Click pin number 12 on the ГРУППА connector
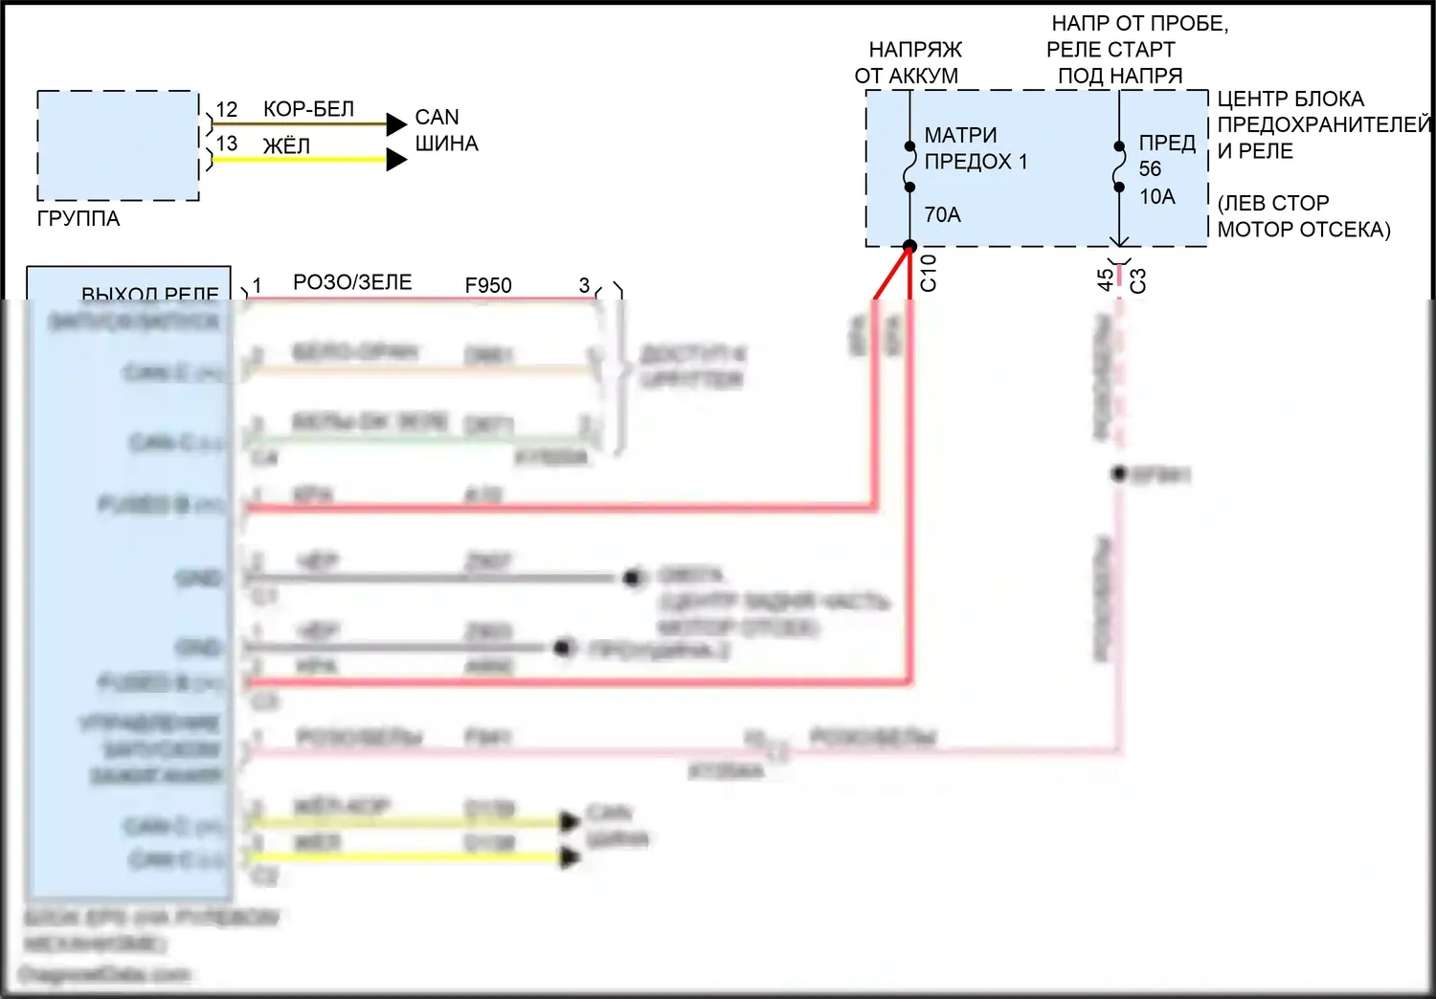click(227, 110)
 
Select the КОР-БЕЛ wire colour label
click(308, 110)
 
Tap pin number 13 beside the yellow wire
click(227, 144)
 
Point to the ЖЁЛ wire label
click(286, 146)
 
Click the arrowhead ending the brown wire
click(396, 123)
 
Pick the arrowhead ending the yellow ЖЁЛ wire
click(396, 159)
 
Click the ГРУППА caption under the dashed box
click(79, 219)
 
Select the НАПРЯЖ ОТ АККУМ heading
click(908, 62)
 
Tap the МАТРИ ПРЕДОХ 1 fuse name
click(975, 148)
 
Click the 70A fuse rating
click(942, 215)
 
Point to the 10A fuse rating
click(1156, 197)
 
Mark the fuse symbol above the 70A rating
click(909, 167)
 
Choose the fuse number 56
click(1150, 169)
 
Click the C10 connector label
click(929, 273)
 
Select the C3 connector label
click(1138, 280)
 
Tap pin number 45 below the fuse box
click(1106, 279)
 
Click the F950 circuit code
click(488, 285)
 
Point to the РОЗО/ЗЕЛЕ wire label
click(352, 282)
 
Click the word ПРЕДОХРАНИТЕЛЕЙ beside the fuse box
click(1323, 124)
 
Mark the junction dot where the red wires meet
click(909, 246)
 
